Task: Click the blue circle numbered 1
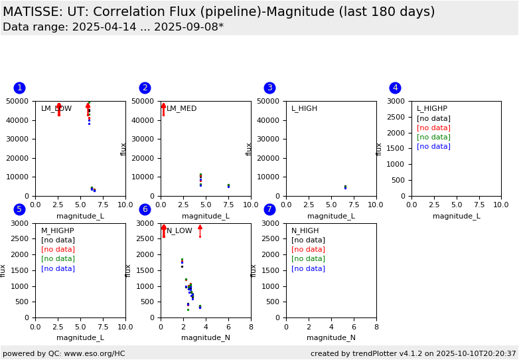coord(19,88)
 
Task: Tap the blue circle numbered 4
coord(395,88)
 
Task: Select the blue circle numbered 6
coord(145,209)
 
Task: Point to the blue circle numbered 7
coord(269,209)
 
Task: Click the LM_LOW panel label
coord(56,109)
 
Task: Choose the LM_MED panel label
coord(181,109)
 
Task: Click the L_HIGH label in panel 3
coord(304,109)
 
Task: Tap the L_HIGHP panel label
coord(431,109)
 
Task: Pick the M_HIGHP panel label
coord(57,231)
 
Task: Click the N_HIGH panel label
coord(305,231)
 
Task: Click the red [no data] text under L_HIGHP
coord(433,128)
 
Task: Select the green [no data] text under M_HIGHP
coord(58,259)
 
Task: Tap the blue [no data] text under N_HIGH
coord(308,268)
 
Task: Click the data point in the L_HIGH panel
coord(345,187)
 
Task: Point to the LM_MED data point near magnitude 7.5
coord(228,186)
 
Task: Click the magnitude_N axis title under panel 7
coord(331,338)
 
